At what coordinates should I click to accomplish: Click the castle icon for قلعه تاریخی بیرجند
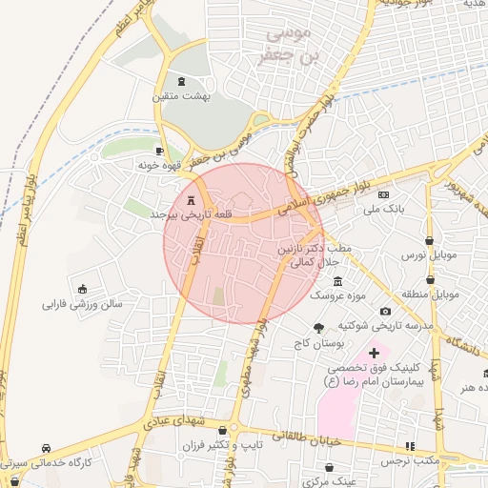point(192,201)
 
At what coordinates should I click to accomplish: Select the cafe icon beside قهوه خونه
point(159,151)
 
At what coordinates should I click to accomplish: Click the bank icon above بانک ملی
point(385,193)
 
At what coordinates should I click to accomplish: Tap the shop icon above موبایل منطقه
point(431,280)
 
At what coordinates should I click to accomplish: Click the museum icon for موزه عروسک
point(337,281)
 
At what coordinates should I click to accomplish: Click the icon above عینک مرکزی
point(329,468)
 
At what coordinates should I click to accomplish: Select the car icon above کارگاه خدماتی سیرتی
point(46,448)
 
